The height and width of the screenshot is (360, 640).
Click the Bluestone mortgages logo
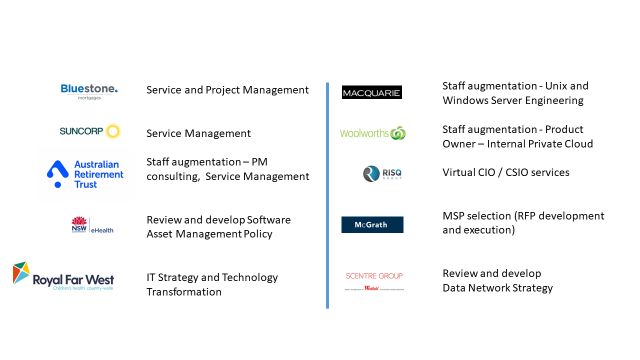click(x=89, y=91)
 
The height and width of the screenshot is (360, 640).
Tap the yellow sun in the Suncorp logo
click(x=113, y=131)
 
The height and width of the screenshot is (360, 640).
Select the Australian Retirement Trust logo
click(x=85, y=174)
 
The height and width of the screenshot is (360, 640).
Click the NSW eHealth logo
click(x=92, y=225)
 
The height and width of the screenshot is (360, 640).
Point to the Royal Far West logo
click(x=63, y=276)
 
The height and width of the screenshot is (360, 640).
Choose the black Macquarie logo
click(x=371, y=92)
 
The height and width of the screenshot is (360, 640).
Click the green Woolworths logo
click(x=372, y=133)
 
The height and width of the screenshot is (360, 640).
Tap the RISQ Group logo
click(x=382, y=173)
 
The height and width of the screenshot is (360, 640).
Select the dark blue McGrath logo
click(x=372, y=224)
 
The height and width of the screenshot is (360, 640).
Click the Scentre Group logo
click(x=374, y=281)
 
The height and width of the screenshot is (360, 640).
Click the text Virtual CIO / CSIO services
click(x=505, y=172)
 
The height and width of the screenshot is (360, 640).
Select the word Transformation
click(x=184, y=292)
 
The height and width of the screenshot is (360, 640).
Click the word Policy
click(x=257, y=234)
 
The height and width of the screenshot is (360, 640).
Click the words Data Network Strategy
click(x=497, y=288)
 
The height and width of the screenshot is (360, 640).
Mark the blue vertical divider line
click(x=327, y=195)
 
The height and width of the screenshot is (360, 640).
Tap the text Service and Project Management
click(x=227, y=90)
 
